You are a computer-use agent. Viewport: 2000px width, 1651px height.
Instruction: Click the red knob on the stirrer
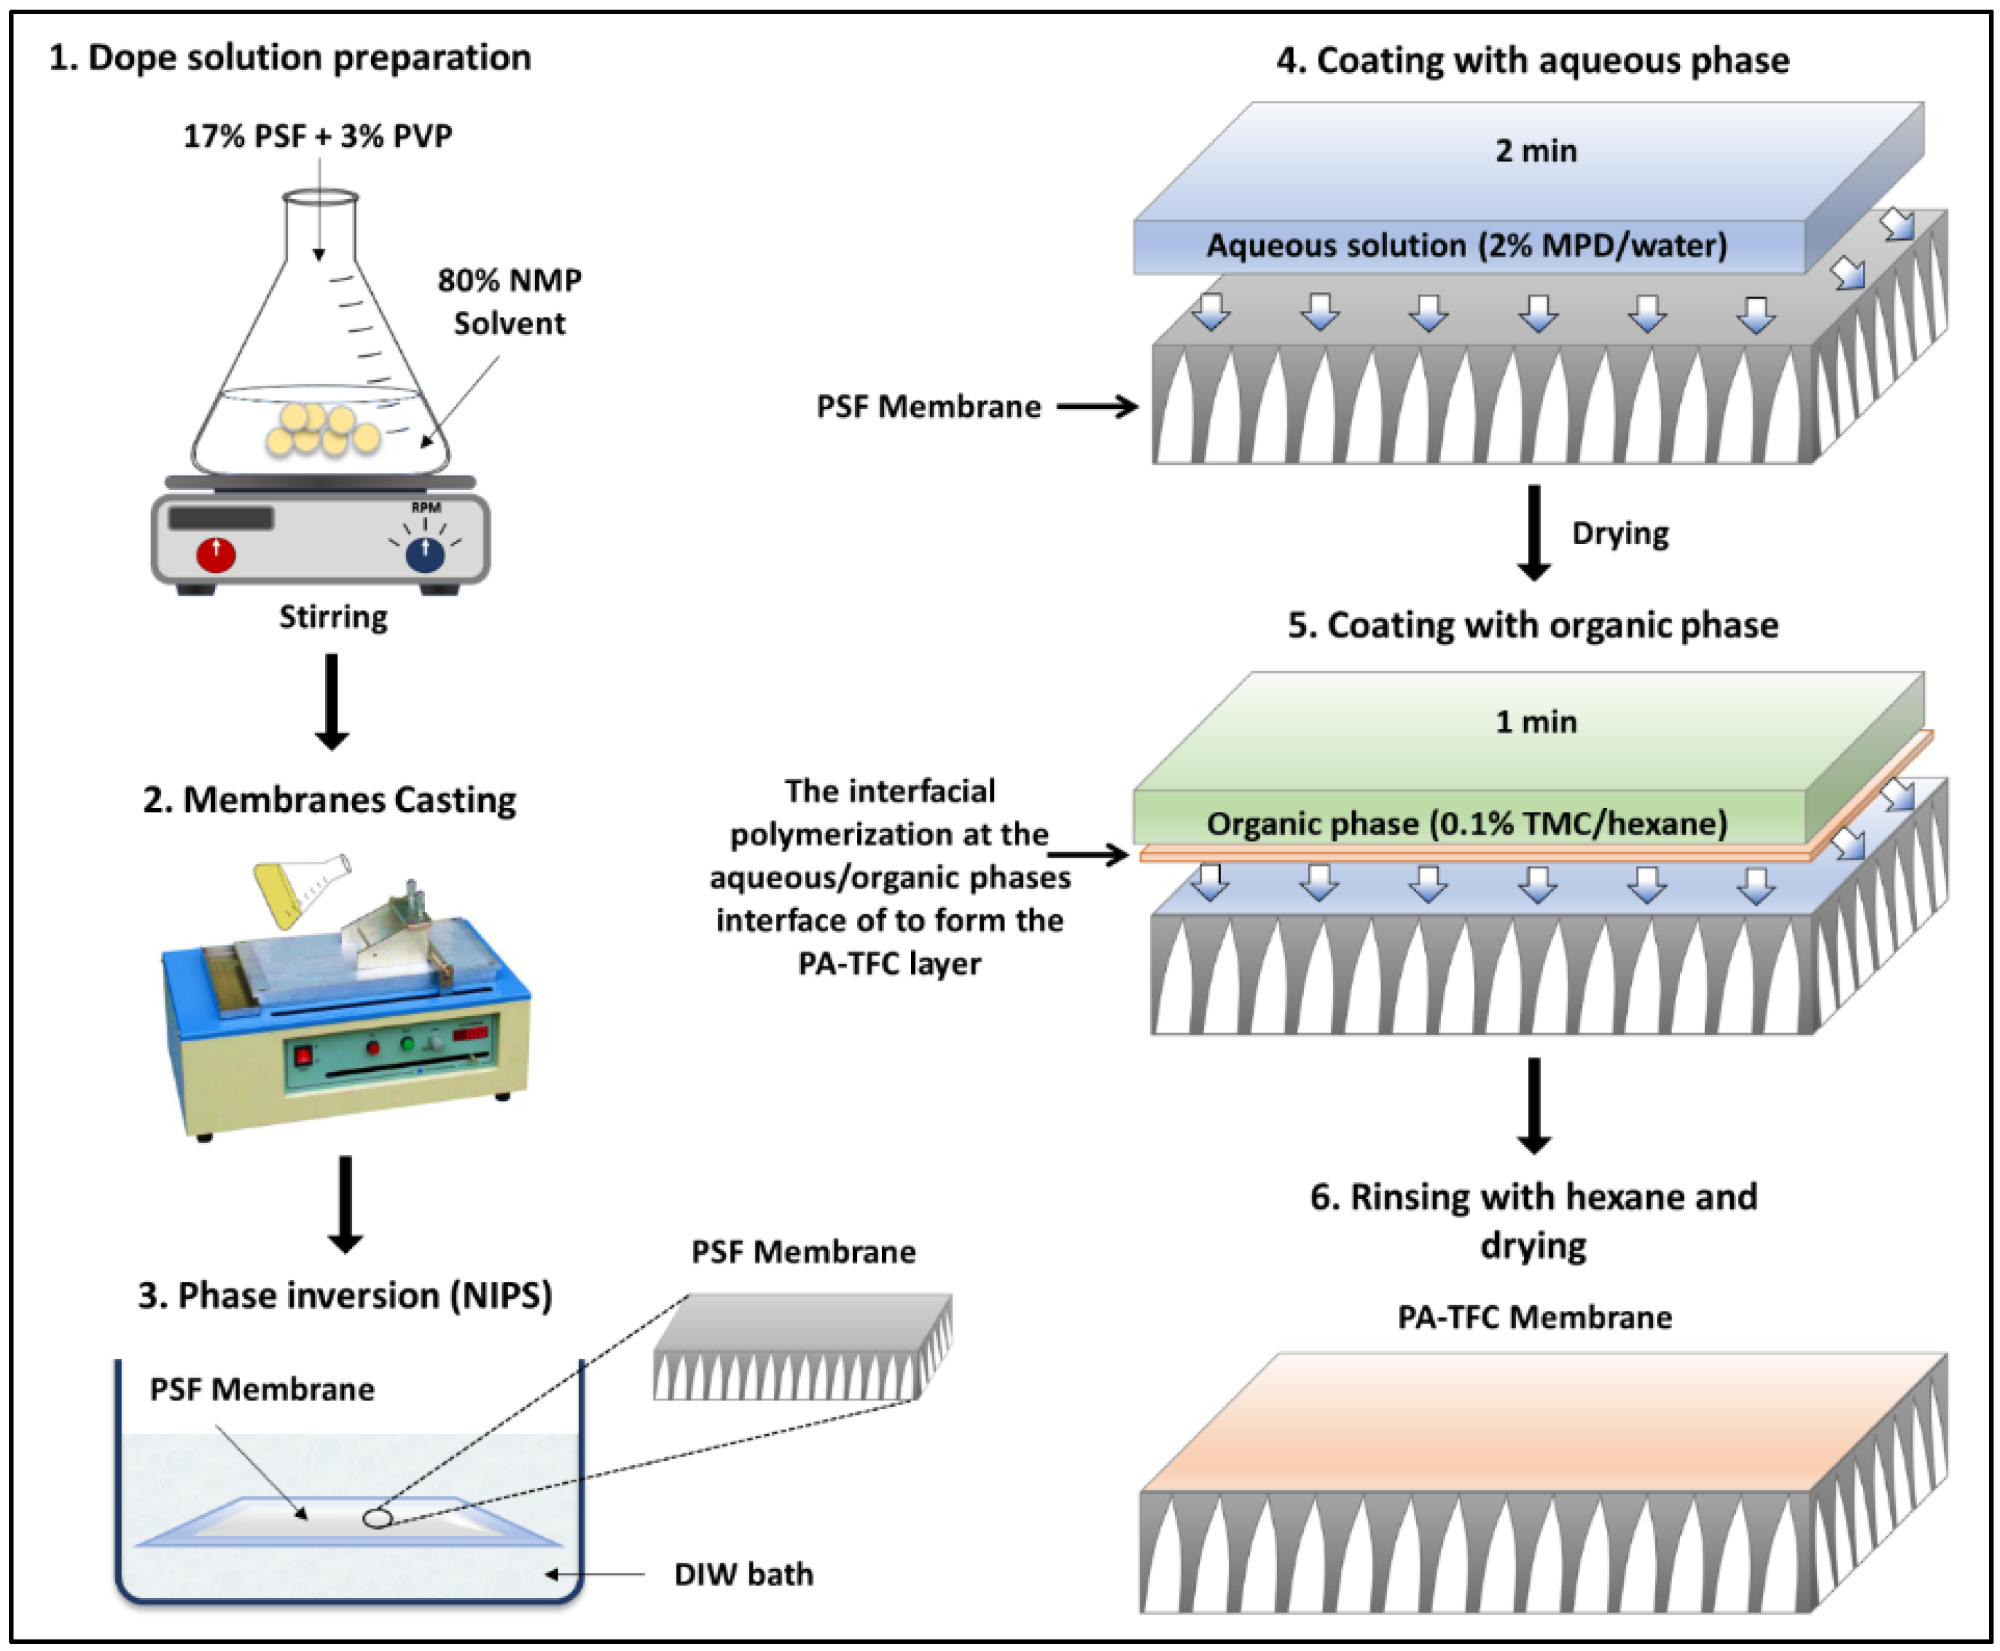pos(216,554)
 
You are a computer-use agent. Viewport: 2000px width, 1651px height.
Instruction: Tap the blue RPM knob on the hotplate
pos(425,554)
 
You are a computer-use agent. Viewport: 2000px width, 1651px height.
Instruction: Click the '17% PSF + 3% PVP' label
pos(317,136)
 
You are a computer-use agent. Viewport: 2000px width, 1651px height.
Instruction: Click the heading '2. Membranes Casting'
pos(330,800)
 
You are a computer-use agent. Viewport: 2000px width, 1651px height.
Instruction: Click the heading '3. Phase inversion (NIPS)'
pos(345,1296)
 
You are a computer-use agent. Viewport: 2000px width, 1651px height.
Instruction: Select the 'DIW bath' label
pos(744,1574)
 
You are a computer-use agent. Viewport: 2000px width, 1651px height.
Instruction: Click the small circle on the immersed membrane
pos(377,1518)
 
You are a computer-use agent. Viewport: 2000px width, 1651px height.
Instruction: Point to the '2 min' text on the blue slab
pos(1536,150)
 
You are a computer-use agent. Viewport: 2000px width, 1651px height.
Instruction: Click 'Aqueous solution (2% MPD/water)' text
pos(1466,245)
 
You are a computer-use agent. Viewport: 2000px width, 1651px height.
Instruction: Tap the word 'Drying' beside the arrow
pos(1619,534)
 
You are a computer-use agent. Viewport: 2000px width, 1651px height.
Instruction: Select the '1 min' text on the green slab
pos(1536,721)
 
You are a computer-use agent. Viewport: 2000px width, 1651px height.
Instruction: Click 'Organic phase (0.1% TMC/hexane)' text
pos(1466,823)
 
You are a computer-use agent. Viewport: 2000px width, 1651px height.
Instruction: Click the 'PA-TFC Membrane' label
pos(1534,1317)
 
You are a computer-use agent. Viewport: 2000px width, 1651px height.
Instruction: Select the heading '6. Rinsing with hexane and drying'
pos(1533,1220)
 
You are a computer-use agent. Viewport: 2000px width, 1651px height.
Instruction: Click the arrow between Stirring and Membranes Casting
pos(331,702)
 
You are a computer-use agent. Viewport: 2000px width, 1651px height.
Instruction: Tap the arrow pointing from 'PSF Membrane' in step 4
pos(1097,407)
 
